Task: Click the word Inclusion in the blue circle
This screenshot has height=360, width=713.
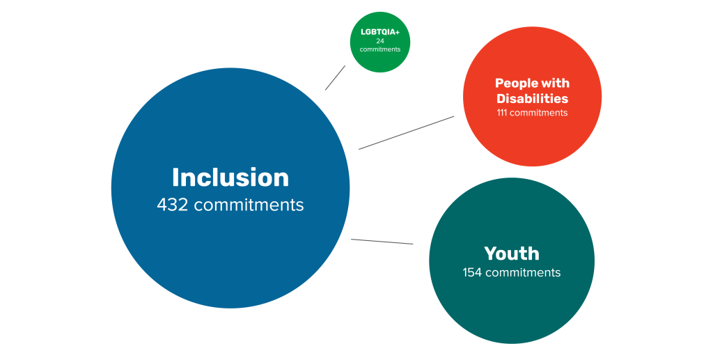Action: click(230, 178)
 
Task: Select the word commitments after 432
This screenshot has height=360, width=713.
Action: click(249, 205)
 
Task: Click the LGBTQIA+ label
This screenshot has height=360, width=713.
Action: click(380, 32)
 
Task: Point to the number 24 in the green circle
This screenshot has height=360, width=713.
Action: click(380, 41)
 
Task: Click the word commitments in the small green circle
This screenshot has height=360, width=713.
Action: click(380, 49)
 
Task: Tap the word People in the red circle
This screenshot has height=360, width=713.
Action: click(517, 84)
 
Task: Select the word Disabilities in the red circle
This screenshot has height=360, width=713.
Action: click(532, 99)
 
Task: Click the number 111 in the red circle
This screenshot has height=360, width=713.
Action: click(502, 113)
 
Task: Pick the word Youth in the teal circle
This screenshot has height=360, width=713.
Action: click(512, 253)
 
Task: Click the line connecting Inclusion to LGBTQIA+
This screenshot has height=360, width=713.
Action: click(335, 78)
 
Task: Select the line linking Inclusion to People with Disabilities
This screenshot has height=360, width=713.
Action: click(406, 132)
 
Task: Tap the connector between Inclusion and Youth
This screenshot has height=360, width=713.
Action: click(382, 242)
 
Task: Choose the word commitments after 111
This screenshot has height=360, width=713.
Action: click(539, 113)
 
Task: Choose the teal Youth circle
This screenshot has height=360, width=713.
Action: click(512, 306)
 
